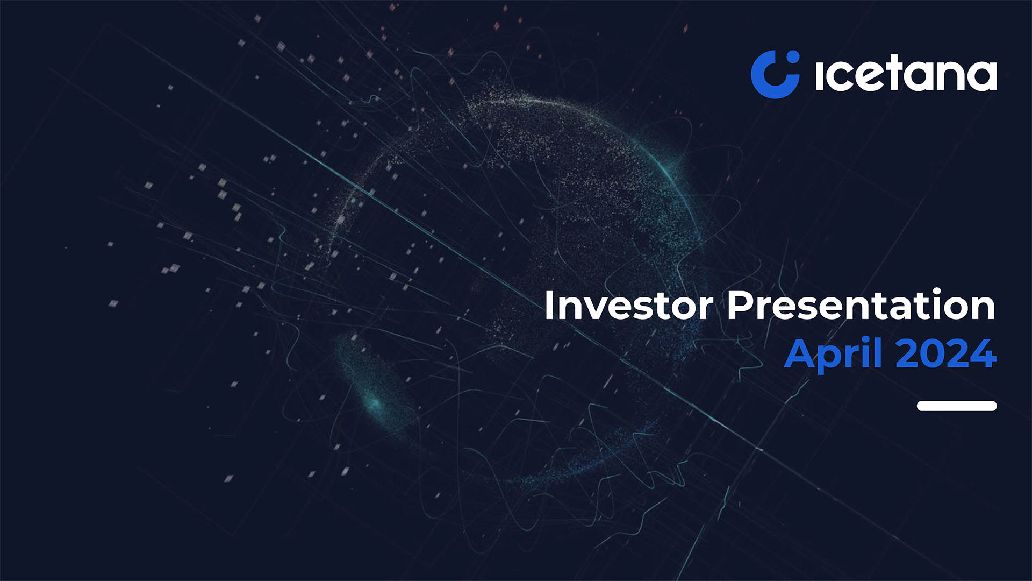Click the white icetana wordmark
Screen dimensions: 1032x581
coord(906,75)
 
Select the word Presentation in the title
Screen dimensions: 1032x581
coord(862,306)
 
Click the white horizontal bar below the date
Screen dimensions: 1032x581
coord(957,406)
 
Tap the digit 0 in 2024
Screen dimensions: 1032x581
coord(934,354)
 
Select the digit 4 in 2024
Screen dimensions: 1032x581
coord(984,354)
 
